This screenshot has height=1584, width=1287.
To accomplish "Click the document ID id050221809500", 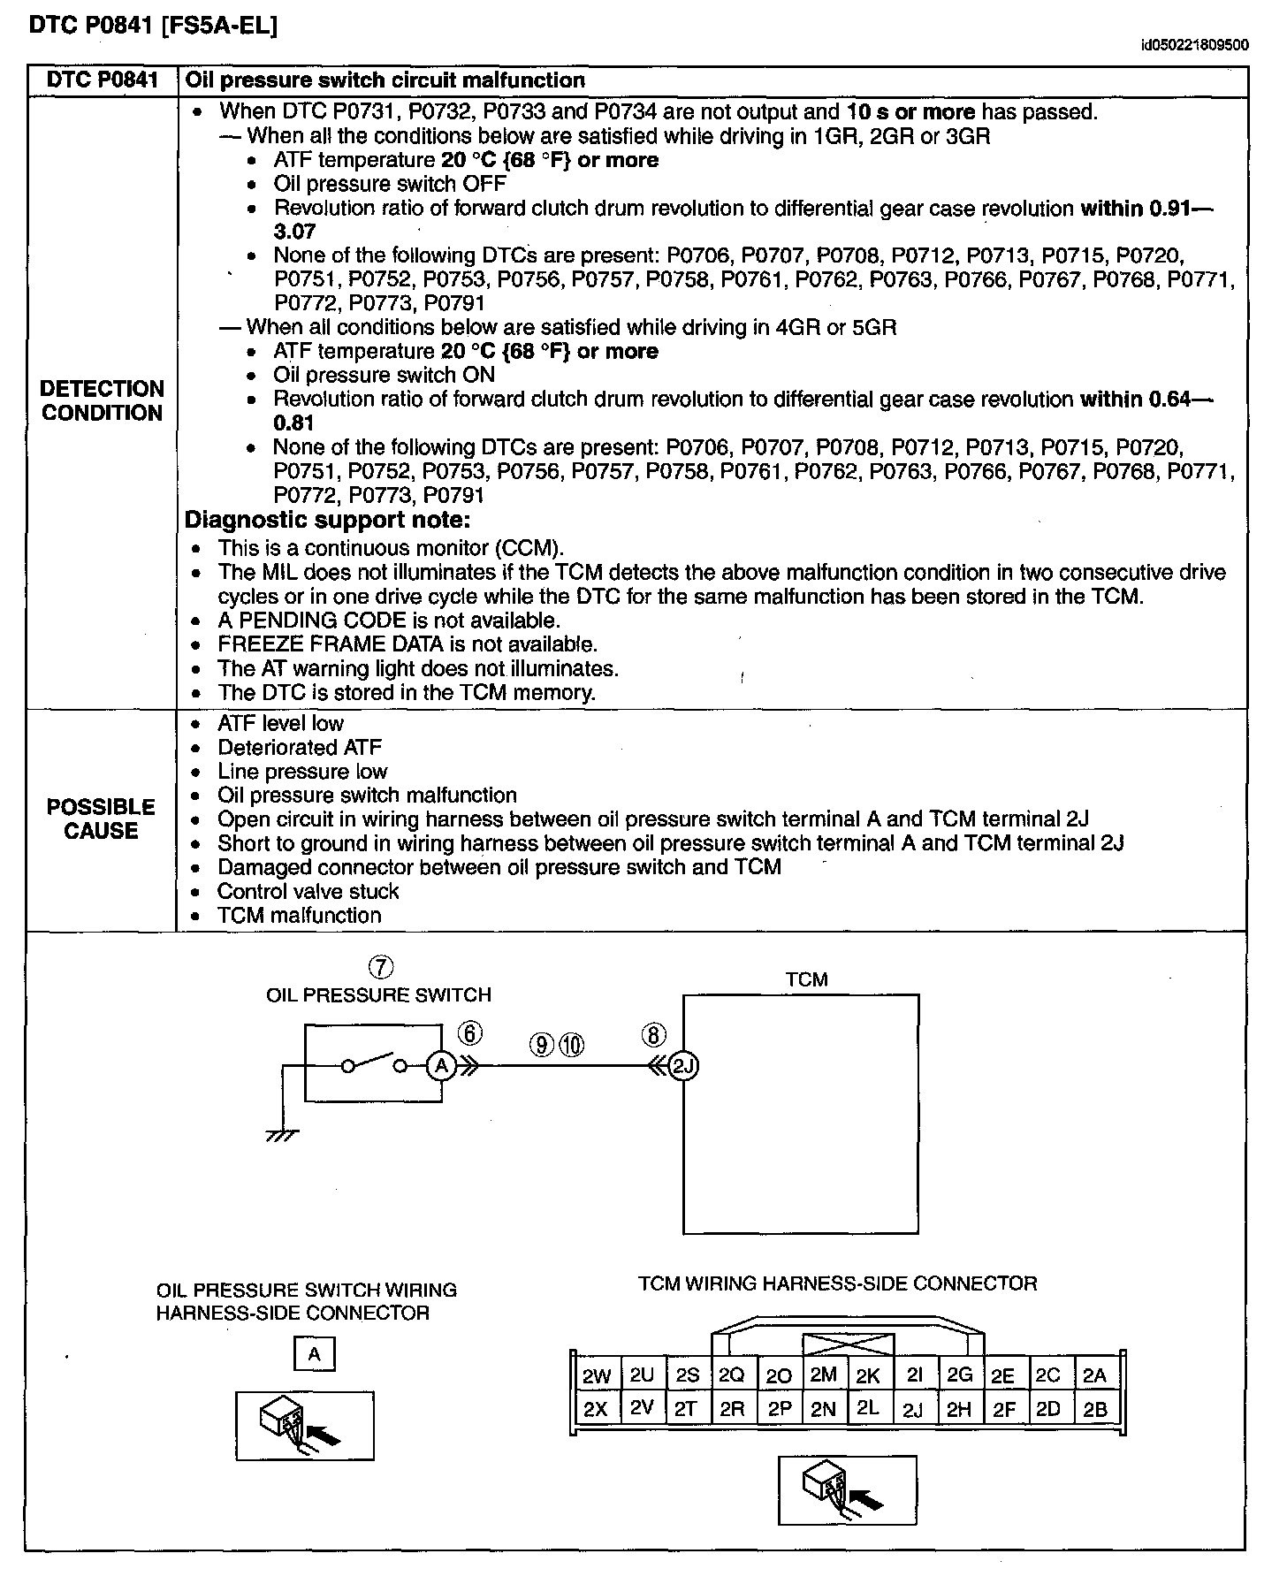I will tap(1194, 45).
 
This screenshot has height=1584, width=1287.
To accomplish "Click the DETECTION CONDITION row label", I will tap(102, 400).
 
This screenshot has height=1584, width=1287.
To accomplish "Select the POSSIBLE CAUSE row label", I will tap(101, 819).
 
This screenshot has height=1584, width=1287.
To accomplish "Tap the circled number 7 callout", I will tap(379, 967).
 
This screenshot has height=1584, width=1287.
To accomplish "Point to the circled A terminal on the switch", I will tap(440, 1067).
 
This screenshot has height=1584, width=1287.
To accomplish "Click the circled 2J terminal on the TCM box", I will tap(683, 1067).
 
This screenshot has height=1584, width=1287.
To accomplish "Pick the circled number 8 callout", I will tap(653, 1034).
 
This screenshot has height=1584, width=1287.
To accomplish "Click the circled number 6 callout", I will tap(470, 1032).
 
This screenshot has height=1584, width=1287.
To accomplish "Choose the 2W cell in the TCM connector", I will tap(597, 1375).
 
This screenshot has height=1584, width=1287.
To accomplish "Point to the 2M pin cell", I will tap(823, 1375).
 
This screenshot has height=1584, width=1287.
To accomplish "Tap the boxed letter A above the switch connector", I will tap(314, 1353).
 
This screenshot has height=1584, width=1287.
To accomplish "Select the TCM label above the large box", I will tap(806, 979).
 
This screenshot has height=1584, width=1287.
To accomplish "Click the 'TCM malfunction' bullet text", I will tap(299, 916).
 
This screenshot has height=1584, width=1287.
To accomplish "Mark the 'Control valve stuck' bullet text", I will tap(308, 892).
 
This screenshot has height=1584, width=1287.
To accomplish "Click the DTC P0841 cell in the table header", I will tap(102, 80).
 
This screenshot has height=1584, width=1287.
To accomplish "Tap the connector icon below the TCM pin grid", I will tap(847, 1489).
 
